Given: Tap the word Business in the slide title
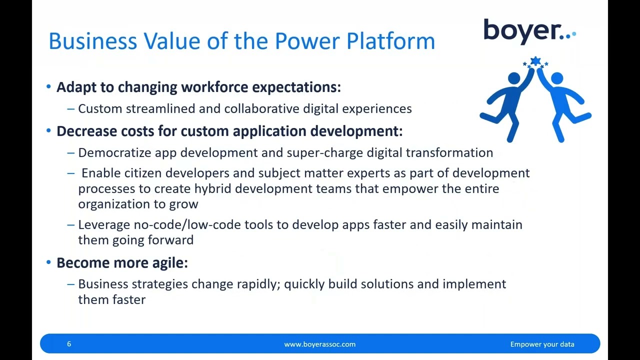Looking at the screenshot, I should pos(92,41).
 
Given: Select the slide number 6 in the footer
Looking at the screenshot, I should pos(69,344).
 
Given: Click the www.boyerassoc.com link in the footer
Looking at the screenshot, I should pos(319,344).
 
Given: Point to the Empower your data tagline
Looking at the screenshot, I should pos(542,344).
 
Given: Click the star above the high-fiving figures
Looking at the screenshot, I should pos(535,62).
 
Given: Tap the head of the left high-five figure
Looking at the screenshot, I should pos(513,78).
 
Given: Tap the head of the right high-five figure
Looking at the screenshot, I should pos(557,78).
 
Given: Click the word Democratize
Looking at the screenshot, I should pos(114,153).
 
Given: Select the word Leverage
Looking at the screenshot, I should pos(103,225).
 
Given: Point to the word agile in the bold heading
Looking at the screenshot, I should pos(169,263).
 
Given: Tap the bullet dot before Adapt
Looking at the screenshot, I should pos(48,86).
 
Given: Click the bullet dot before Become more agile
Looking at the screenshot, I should pos(48,262).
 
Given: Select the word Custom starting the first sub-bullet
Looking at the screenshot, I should pos(100,109).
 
